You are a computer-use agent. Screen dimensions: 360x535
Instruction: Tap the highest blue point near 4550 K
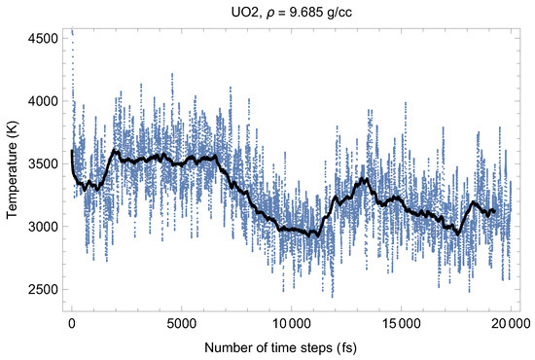[72, 31]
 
